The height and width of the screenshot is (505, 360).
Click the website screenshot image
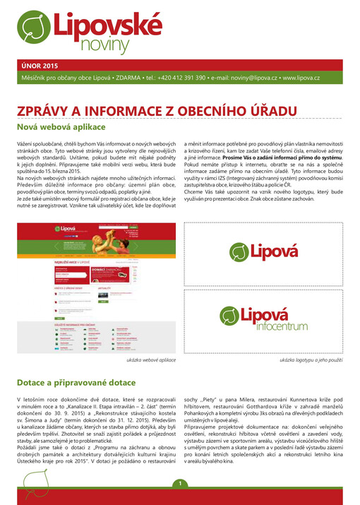click(x=95, y=278)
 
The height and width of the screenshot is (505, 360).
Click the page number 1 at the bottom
click(x=180, y=483)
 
